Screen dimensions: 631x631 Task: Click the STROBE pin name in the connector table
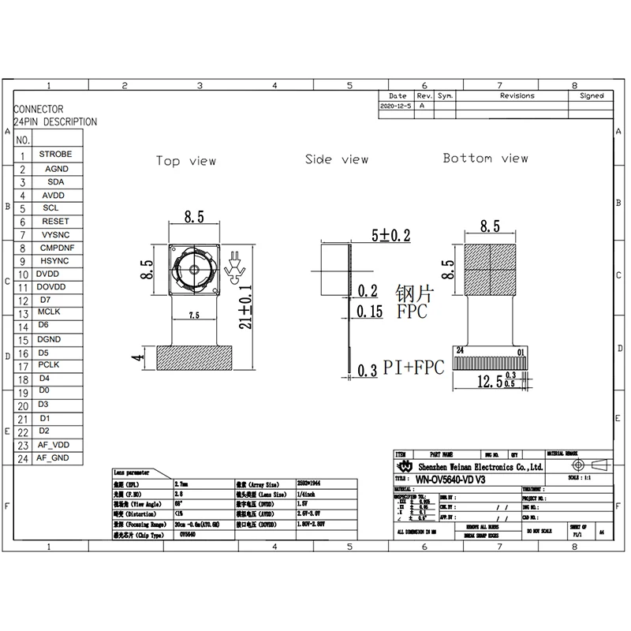(x=55, y=155)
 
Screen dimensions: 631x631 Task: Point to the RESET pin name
(x=55, y=222)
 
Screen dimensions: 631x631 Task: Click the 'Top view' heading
(x=185, y=161)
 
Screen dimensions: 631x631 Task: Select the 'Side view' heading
(x=337, y=159)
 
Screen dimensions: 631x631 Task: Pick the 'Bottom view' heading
(x=485, y=159)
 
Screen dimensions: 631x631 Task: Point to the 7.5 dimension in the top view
(x=194, y=315)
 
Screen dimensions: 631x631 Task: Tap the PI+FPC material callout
(x=413, y=367)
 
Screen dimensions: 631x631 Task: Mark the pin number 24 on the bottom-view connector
(x=460, y=351)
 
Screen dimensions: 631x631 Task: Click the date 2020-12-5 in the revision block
(x=396, y=105)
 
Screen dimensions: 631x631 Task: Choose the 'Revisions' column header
(x=517, y=95)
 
